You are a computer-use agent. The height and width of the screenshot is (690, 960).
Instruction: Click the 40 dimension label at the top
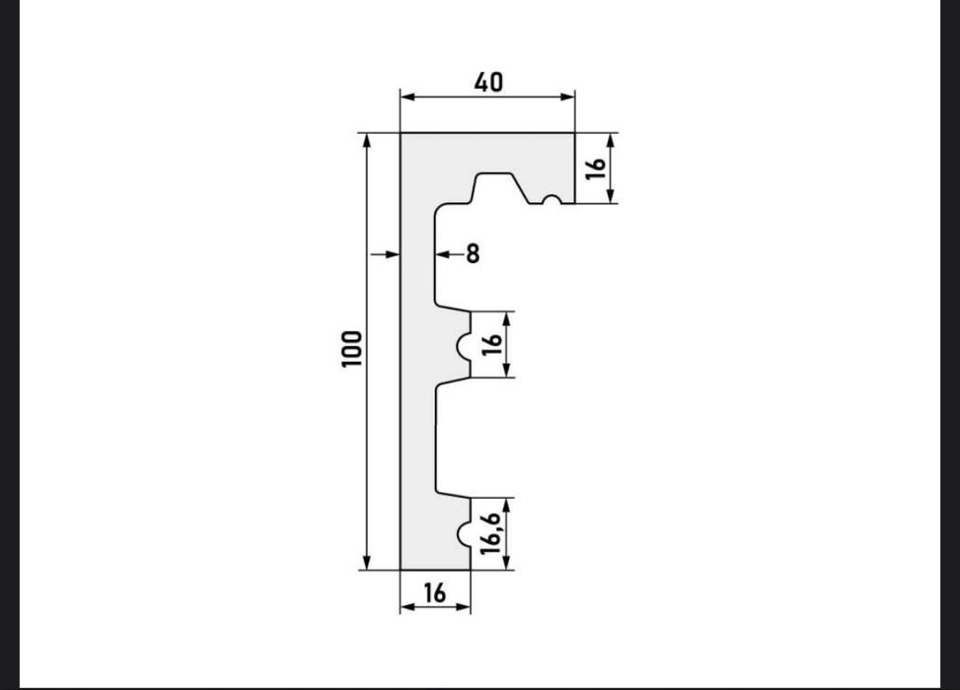tap(487, 82)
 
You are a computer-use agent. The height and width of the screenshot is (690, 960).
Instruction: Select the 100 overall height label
tap(352, 350)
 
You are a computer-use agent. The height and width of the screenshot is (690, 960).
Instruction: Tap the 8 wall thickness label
tap(473, 254)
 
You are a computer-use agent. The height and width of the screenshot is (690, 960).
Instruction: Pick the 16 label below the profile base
tap(434, 592)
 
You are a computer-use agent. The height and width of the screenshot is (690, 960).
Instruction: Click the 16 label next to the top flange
tap(595, 168)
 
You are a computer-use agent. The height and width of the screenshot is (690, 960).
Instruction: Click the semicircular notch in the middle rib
tap(462, 345)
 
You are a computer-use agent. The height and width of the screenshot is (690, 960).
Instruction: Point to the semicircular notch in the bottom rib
tap(462, 534)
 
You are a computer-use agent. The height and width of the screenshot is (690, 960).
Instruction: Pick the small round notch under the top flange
tap(552, 201)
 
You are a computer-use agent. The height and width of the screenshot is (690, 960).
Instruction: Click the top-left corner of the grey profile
tap(401, 133)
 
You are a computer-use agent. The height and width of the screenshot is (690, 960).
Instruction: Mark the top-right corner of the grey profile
tap(574, 133)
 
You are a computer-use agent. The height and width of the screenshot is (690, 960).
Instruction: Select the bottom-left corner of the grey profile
tap(401, 569)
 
